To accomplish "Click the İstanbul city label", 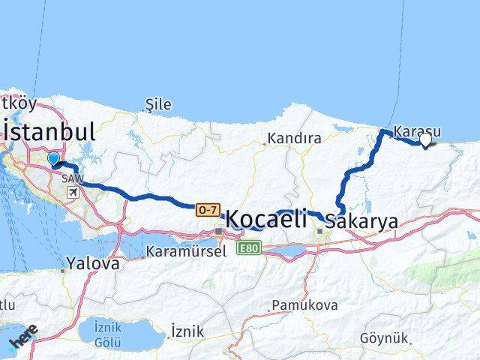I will click(49, 133).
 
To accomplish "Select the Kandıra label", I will click(295, 139).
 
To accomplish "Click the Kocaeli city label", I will click(267, 219).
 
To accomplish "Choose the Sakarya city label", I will click(363, 221).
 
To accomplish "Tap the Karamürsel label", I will click(187, 251).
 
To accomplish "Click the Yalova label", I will click(93, 264).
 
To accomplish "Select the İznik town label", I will click(187, 331).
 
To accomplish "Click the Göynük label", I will click(385, 338).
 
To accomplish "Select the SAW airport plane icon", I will click(73, 193).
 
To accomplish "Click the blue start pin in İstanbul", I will click(53, 158).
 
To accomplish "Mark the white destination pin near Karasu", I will click(426, 139).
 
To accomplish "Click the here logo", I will click(23, 341).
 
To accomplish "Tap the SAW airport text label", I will click(73, 179).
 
